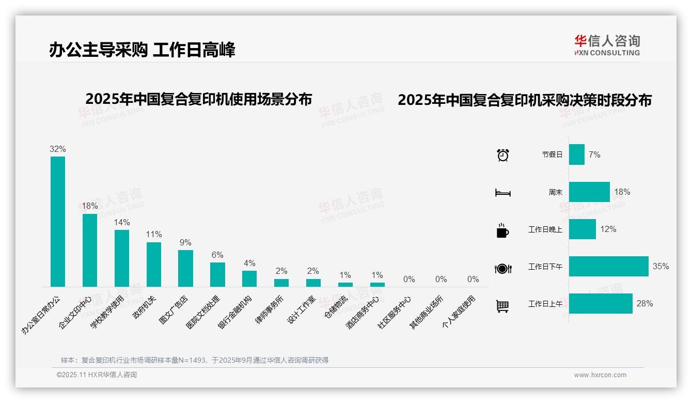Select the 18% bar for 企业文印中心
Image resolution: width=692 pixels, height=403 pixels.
89,250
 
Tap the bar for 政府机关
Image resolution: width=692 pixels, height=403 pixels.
153,264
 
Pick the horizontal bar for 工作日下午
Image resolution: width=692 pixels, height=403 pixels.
608,266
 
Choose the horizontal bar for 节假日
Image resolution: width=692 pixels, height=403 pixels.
576,154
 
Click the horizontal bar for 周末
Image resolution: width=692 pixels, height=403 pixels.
589,192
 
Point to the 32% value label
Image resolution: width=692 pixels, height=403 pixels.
57,149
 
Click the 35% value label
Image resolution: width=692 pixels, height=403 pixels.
660,266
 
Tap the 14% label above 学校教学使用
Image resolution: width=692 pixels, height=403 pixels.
122,223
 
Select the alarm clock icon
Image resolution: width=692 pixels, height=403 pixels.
502,154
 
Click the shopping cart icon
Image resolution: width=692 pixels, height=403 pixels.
502,306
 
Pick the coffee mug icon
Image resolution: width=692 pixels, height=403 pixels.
502,230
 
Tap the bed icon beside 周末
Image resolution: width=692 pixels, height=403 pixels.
502,193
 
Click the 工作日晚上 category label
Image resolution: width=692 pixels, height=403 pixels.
545,229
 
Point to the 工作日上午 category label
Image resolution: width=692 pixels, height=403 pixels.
545,304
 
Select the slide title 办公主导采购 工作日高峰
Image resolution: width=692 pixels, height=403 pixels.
142,50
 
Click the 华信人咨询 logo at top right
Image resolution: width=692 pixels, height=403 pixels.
607,45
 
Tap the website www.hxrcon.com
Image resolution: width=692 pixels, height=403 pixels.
600,375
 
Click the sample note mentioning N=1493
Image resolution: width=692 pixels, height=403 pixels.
195,360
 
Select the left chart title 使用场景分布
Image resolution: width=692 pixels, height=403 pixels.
198,99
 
